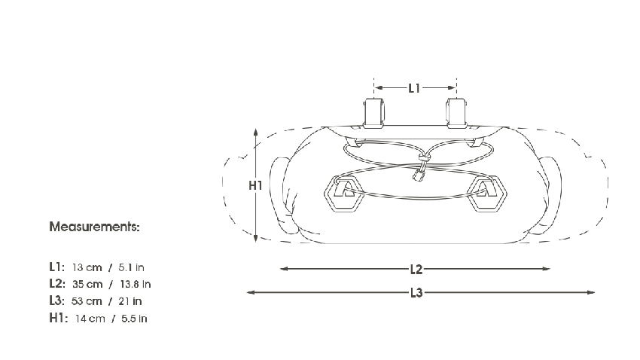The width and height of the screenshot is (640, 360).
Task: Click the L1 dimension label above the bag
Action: pyautogui.click(x=414, y=88)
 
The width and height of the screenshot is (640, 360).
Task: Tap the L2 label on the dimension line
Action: pyautogui.click(x=416, y=268)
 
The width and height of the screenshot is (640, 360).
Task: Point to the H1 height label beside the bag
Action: pyautogui.click(x=255, y=185)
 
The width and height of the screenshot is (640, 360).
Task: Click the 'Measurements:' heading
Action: pyautogui.click(x=94, y=226)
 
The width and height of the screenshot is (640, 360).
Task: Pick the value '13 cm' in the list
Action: pyautogui.click(x=87, y=267)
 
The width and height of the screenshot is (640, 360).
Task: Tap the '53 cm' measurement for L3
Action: pyautogui.click(x=87, y=301)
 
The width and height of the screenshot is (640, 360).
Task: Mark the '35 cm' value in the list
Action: pyautogui.click(x=87, y=284)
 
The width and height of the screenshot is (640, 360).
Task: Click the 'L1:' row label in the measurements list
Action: pyautogui.click(x=56, y=267)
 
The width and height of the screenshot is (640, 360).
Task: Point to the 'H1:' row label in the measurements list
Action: pyautogui.click(x=57, y=319)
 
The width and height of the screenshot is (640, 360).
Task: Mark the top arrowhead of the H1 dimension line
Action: pyautogui.click(x=257, y=131)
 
